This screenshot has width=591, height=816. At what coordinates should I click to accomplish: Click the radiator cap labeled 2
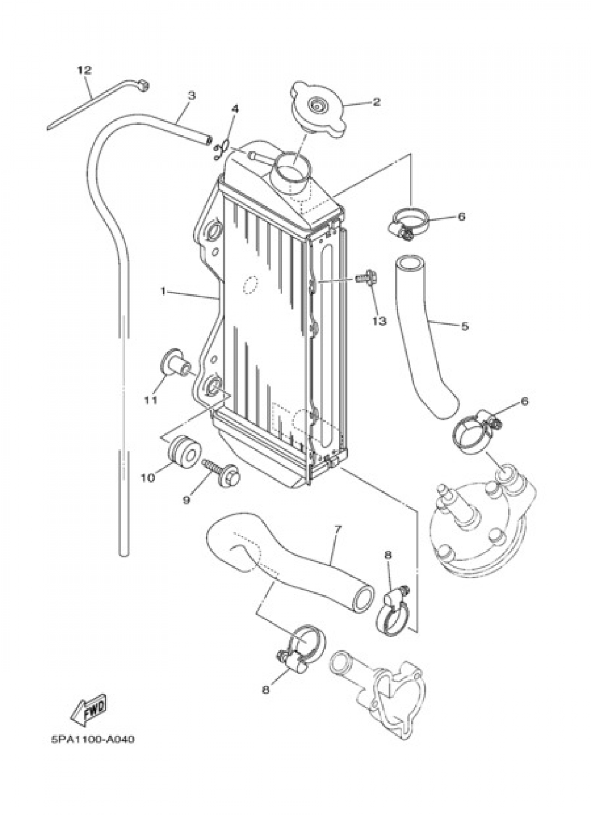pos(317,109)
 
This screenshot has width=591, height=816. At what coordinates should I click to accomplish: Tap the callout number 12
pos(85,70)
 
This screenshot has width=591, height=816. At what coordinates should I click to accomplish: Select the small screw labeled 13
pos(366,277)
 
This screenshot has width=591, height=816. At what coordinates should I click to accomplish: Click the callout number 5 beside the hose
pos(465,326)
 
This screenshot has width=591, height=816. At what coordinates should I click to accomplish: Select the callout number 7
pos(337,528)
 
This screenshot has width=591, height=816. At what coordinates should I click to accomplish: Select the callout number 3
pos(191,95)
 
